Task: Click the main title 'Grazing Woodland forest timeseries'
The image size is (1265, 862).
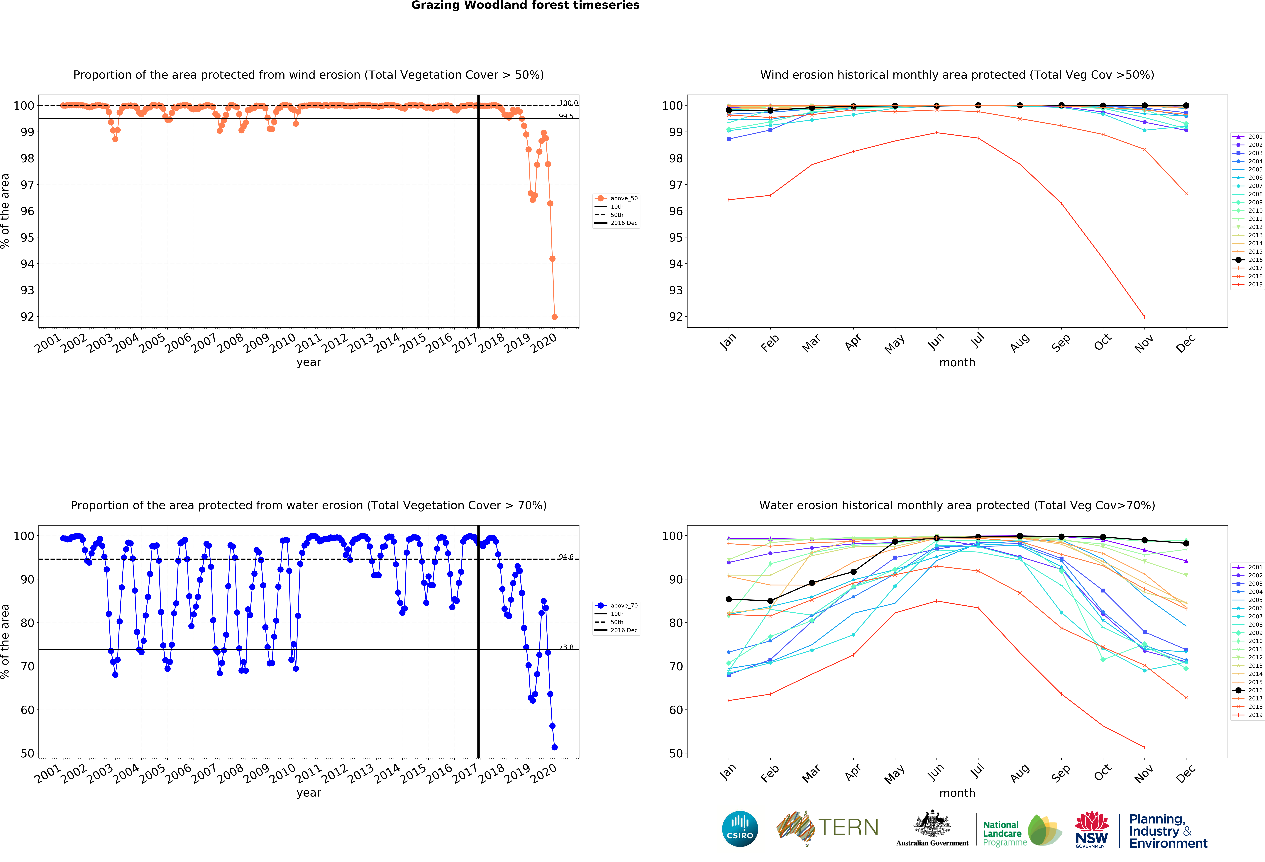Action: coord(525,5)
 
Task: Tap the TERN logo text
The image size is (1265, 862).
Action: coord(848,828)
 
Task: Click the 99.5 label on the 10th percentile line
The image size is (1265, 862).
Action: coord(566,116)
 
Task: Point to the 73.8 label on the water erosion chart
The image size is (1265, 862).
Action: coord(566,647)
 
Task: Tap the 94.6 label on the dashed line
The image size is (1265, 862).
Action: coord(566,557)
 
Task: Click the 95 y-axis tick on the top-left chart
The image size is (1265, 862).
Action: coord(27,238)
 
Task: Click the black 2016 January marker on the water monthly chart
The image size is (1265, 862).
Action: coord(729,599)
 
